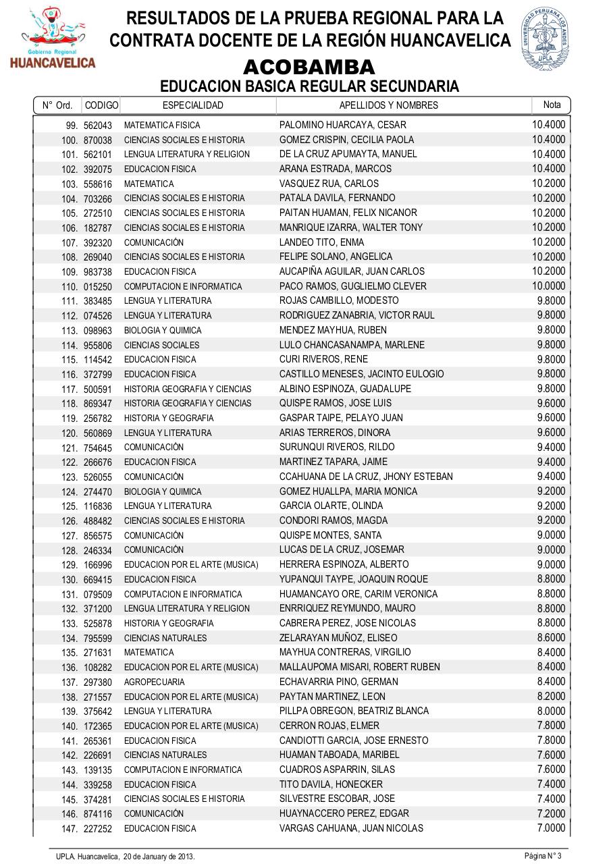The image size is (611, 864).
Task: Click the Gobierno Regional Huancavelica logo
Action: [x=53, y=38]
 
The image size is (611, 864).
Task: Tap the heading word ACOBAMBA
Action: [x=309, y=67]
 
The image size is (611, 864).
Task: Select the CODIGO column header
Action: [x=101, y=105]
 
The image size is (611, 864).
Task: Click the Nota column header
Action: [x=552, y=105]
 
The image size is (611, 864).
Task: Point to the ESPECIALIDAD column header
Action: [x=193, y=105]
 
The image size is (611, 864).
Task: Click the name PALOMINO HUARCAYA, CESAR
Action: [x=334, y=125]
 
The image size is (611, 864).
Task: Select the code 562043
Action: [x=98, y=126]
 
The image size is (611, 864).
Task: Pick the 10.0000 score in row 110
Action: [x=549, y=286]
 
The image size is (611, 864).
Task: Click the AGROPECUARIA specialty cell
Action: [x=154, y=682]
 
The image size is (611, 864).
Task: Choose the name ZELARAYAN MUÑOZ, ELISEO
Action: [x=338, y=638]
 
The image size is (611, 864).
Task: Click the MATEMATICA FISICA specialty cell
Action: [x=162, y=126]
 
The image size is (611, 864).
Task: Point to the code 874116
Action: [x=98, y=814]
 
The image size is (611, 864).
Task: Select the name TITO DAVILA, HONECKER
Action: [x=331, y=784]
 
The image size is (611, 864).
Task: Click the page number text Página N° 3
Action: [x=543, y=856]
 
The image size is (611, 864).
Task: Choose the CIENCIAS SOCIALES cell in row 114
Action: [x=161, y=345]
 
